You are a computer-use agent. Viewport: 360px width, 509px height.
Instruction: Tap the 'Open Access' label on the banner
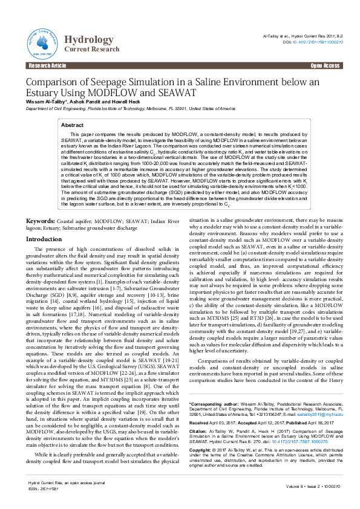point(326,65)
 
